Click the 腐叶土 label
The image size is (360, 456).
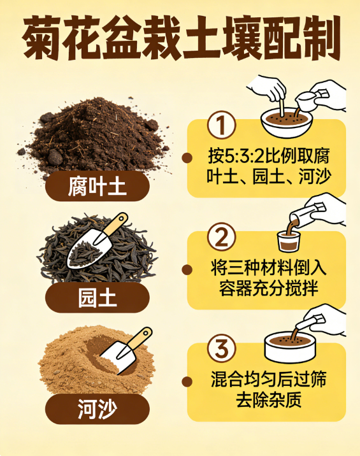(x=97, y=186)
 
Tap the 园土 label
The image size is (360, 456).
(x=97, y=297)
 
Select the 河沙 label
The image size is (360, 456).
(x=97, y=409)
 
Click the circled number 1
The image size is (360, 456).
(x=221, y=125)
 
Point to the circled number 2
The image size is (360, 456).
(x=221, y=237)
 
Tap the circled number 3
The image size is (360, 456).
(x=221, y=348)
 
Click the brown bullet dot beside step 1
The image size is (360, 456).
(x=187, y=158)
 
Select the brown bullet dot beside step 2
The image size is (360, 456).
(x=187, y=269)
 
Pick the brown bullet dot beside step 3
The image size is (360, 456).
(x=187, y=381)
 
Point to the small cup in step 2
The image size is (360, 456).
(x=288, y=241)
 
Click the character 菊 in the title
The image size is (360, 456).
(x=42, y=38)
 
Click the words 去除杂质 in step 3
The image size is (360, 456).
(x=268, y=399)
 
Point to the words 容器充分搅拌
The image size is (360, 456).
(x=268, y=288)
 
